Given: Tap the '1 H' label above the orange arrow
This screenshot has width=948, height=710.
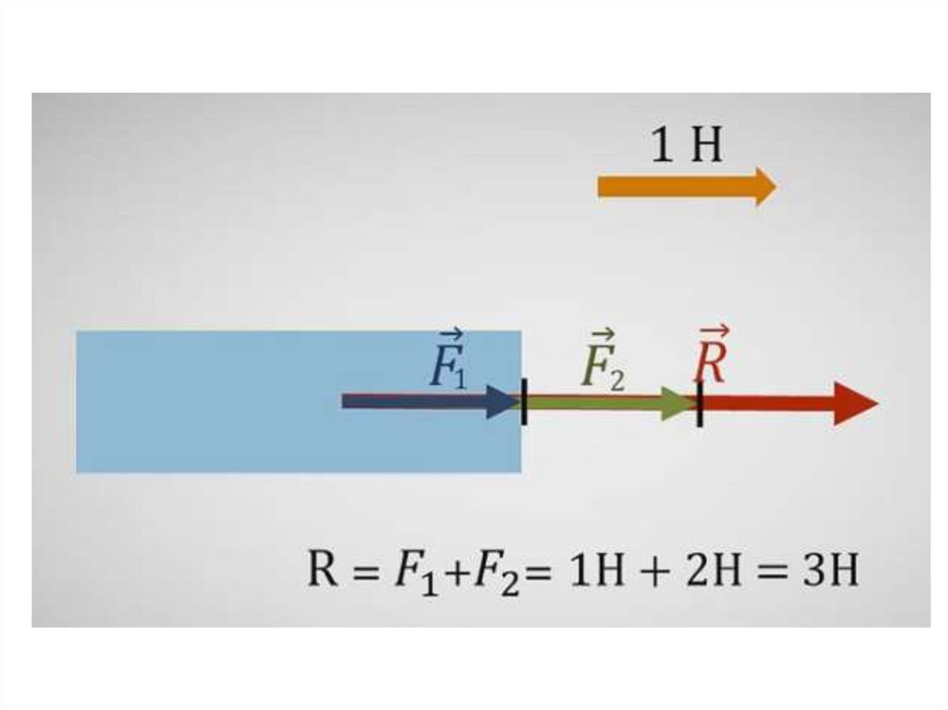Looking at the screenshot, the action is (x=686, y=146).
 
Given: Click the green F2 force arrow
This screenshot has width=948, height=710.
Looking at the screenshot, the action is (x=602, y=403).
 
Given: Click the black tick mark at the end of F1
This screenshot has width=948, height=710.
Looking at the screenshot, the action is (x=524, y=403).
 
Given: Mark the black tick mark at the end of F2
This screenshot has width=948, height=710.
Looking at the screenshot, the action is (x=700, y=404).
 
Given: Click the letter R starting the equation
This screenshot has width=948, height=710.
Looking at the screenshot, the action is (x=321, y=569).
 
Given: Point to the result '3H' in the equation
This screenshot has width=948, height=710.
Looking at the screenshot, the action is (x=829, y=570).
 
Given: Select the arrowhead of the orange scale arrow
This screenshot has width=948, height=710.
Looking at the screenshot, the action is (x=765, y=187).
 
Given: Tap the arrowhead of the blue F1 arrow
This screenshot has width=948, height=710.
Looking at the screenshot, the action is (x=502, y=402).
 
